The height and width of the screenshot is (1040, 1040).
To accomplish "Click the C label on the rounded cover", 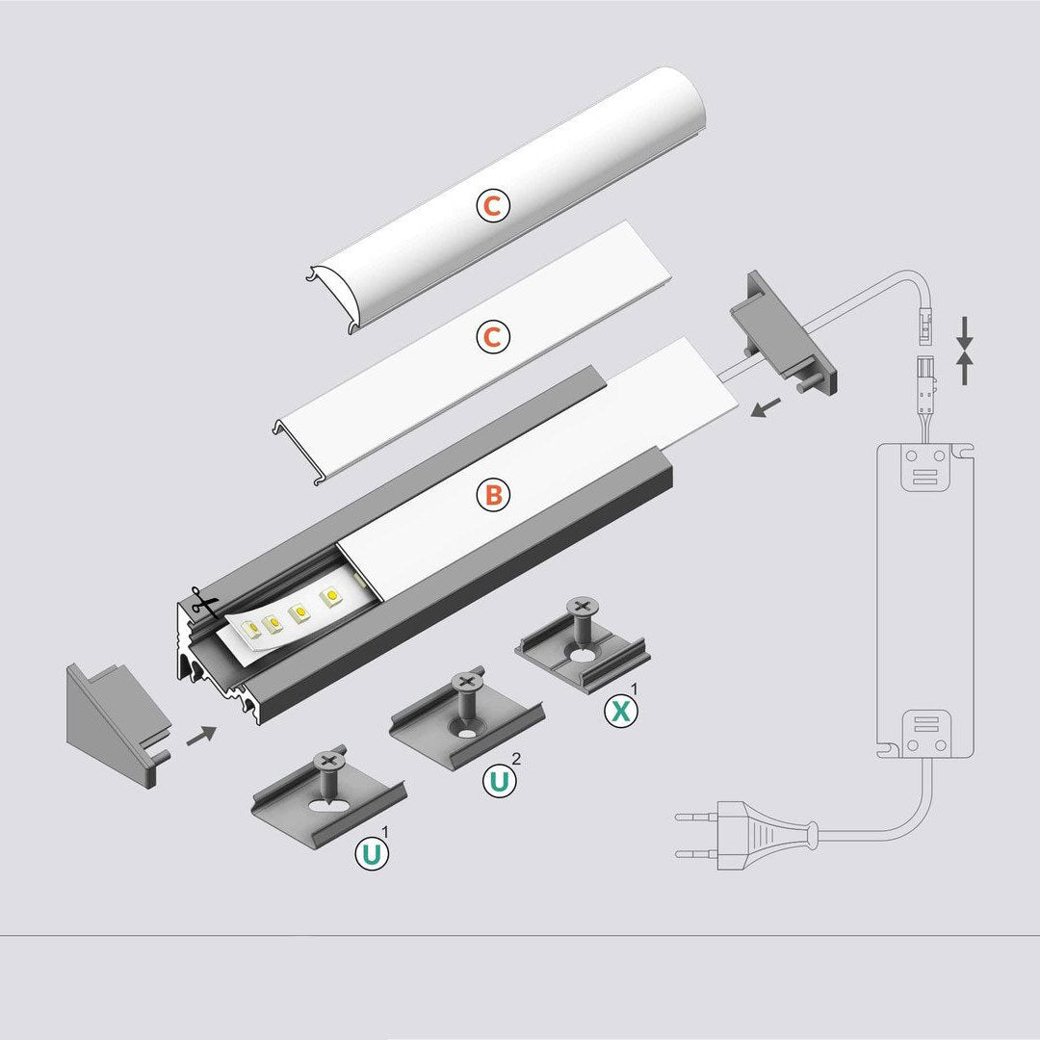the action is pyautogui.click(x=493, y=206).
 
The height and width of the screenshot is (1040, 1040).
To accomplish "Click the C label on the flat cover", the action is pyautogui.click(x=493, y=337).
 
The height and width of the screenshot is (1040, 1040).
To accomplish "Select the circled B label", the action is pyautogui.click(x=493, y=495).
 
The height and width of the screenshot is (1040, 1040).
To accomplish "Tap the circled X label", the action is pyautogui.click(x=621, y=711).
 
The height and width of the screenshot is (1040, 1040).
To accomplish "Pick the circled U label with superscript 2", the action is pyautogui.click(x=499, y=781).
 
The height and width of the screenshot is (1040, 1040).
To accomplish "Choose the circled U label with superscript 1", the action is pyautogui.click(x=372, y=854).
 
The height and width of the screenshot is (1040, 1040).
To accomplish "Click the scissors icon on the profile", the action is pyautogui.click(x=205, y=603).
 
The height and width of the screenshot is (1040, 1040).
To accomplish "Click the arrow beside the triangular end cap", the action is pyautogui.click(x=201, y=735).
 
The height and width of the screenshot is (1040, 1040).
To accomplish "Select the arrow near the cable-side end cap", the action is pyautogui.click(x=766, y=408).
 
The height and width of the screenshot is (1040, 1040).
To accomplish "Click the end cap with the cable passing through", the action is pyautogui.click(x=784, y=331).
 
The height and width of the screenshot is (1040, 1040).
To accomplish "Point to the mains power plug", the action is pyautogui.click(x=746, y=835).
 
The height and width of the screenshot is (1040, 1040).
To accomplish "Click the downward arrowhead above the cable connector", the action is pyautogui.click(x=965, y=342).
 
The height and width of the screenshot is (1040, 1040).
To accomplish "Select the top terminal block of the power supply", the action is pyautogui.click(x=923, y=467).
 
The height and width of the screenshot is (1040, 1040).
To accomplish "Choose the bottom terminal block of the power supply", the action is pyautogui.click(x=926, y=734).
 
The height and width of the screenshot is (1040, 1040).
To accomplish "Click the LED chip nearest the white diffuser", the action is pyautogui.click(x=329, y=596).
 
